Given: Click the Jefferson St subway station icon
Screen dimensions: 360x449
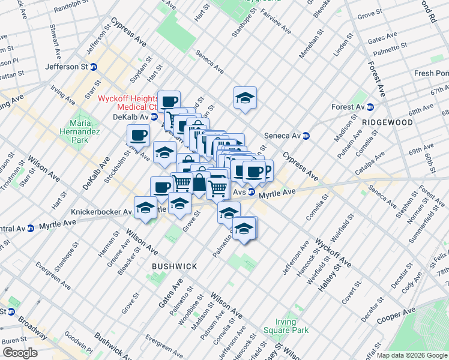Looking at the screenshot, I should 94,67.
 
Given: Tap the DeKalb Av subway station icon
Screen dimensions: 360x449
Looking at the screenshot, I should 154,117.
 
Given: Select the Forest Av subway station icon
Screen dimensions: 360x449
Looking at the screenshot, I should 370,107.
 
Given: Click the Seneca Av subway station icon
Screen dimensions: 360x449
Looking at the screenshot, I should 306,136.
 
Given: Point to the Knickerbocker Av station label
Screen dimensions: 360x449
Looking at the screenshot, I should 101,212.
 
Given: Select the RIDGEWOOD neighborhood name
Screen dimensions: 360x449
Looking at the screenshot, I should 388,122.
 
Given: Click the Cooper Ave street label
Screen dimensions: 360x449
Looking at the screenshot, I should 396,316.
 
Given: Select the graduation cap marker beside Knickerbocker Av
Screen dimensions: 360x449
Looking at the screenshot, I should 145,208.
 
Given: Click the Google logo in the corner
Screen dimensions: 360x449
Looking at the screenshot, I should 20,353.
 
